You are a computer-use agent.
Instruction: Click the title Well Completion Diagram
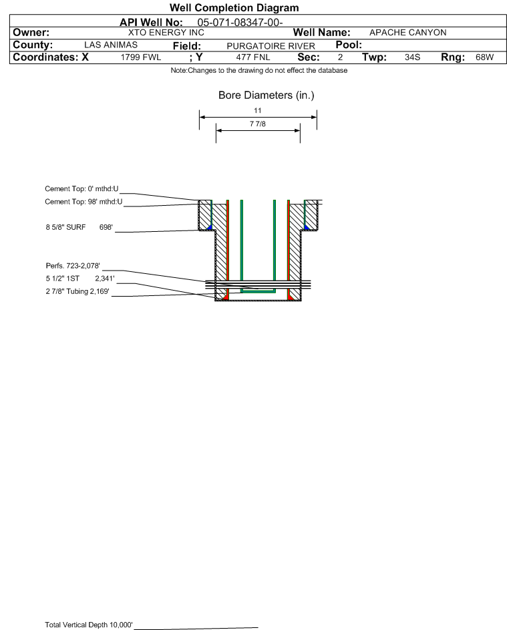(234, 7)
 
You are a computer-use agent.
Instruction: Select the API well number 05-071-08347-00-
(240, 23)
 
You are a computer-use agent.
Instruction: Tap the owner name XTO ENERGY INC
(166, 33)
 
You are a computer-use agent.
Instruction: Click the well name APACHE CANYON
(407, 33)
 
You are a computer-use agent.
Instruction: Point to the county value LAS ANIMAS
(111, 45)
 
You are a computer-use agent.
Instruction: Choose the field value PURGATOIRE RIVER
(271, 46)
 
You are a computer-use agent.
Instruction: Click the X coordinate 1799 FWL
(140, 57)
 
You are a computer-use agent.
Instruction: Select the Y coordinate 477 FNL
(253, 57)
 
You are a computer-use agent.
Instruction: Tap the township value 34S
(412, 57)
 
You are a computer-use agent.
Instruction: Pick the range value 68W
(484, 57)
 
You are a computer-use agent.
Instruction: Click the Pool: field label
(349, 45)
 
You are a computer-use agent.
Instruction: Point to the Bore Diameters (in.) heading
(267, 96)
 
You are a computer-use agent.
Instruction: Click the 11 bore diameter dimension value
(258, 110)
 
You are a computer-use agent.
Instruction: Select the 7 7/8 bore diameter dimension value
(258, 124)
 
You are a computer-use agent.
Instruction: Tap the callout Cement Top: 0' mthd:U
(81, 189)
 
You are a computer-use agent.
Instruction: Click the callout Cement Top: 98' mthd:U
(83, 202)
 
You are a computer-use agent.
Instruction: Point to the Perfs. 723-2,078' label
(73, 266)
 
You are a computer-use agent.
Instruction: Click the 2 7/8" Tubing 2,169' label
(77, 291)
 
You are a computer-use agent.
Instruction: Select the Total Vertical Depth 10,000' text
(89, 625)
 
